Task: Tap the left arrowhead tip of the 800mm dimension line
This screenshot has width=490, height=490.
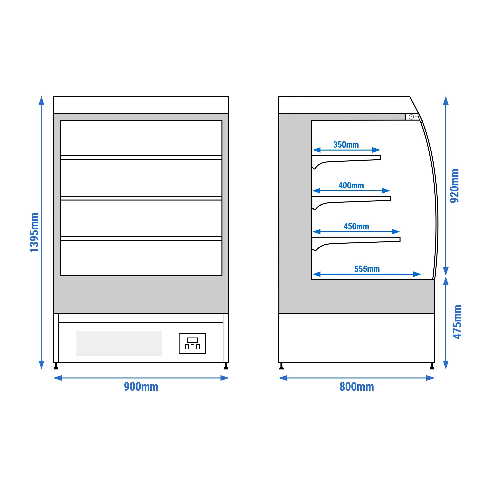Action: (x=279, y=378)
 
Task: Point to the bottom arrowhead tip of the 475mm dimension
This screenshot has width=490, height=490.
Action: (x=446, y=369)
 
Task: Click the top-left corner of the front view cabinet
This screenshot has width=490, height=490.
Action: (x=53, y=97)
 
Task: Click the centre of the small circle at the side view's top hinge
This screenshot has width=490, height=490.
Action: (x=411, y=117)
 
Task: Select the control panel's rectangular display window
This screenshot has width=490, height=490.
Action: (x=192, y=340)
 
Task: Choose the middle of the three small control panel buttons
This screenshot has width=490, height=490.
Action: (x=192, y=347)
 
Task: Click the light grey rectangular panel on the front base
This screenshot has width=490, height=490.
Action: (x=119, y=343)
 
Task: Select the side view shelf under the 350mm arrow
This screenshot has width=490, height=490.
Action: (x=346, y=161)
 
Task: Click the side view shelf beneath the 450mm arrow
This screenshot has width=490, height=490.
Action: (x=356, y=243)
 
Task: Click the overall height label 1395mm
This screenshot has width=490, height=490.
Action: (x=34, y=233)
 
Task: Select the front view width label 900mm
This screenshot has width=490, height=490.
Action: (x=141, y=387)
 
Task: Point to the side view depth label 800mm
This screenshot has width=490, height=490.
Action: (x=357, y=387)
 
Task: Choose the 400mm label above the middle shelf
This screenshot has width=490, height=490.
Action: (x=351, y=185)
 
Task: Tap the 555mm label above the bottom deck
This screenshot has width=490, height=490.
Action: (x=367, y=269)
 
